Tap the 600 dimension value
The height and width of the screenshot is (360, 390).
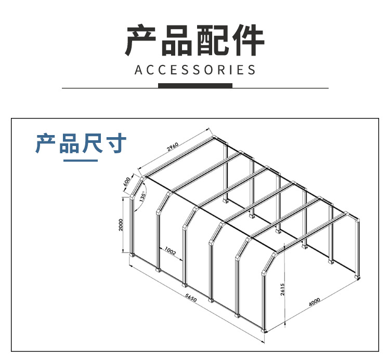(x=126, y=182)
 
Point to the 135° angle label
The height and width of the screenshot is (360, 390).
(x=142, y=197)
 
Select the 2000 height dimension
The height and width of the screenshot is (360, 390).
(x=121, y=224)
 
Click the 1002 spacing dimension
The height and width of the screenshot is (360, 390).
(x=171, y=252)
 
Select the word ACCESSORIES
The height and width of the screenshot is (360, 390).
(x=195, y=70)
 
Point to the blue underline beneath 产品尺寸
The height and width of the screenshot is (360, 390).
(x=81, y=160)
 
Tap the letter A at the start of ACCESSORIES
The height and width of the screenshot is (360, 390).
(x=138, y=70)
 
